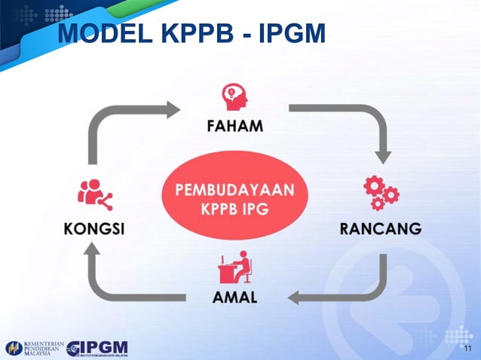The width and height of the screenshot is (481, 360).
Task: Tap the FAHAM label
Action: click(x=234, y=126)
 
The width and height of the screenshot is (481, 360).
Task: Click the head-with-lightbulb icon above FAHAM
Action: click(x=234, y=96)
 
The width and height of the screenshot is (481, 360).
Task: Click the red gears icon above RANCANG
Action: click(x=381, y=193)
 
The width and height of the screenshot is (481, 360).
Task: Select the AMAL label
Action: click(x=234, y=297)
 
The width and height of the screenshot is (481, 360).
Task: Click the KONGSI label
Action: click(x=93, y=228)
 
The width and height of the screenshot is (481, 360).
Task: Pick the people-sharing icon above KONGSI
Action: click(x=94, y=196)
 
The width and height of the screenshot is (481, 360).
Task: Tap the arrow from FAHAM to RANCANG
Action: click(x=354, y=121)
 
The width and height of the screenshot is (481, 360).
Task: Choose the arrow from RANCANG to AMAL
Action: click(x=354, y=290)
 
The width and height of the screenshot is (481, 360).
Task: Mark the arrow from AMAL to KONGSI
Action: click(x=113, y=290)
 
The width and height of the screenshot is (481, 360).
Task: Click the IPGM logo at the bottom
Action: click(x=97, y=348)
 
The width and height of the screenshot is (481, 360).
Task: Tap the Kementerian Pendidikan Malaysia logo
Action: click(x=34, y=348)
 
